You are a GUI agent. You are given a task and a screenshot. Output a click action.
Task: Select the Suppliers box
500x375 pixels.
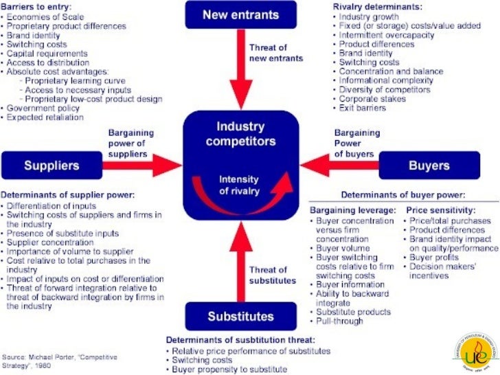pyautogui.click(x=52, y=166)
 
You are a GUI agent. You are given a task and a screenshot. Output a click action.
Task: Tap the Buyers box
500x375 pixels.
pyautogui.click(x=429, y=166)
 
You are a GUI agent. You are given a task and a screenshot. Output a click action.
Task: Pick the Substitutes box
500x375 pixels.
pyautogui.click(x=240, y=316)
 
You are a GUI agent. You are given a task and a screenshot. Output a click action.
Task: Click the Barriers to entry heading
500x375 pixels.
pyautogui.click(x=38, y=6)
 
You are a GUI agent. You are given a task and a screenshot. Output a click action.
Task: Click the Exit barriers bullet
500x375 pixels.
pyautogui.click(x=365, y=109)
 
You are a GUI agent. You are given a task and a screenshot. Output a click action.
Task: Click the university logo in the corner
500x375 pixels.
pyautogui.click(x=475, y=350)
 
